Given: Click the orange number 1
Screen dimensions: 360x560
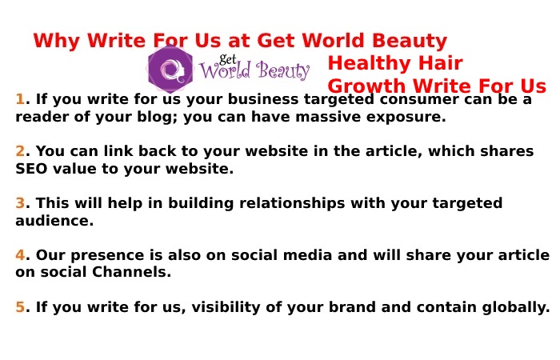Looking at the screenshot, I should click(x=20, y=100).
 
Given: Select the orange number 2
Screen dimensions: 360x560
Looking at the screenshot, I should click(x=20, y=151).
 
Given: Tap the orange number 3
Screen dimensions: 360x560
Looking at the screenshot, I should click(x=20, y=203).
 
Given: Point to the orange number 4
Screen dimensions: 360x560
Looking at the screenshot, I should click(x=20, y=255).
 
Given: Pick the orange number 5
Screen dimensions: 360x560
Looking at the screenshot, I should click(x=20, y=307).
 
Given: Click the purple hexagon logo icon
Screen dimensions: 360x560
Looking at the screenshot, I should click(x=170, y=70).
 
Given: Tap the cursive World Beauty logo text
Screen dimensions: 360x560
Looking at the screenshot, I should click(x=254, y=71).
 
